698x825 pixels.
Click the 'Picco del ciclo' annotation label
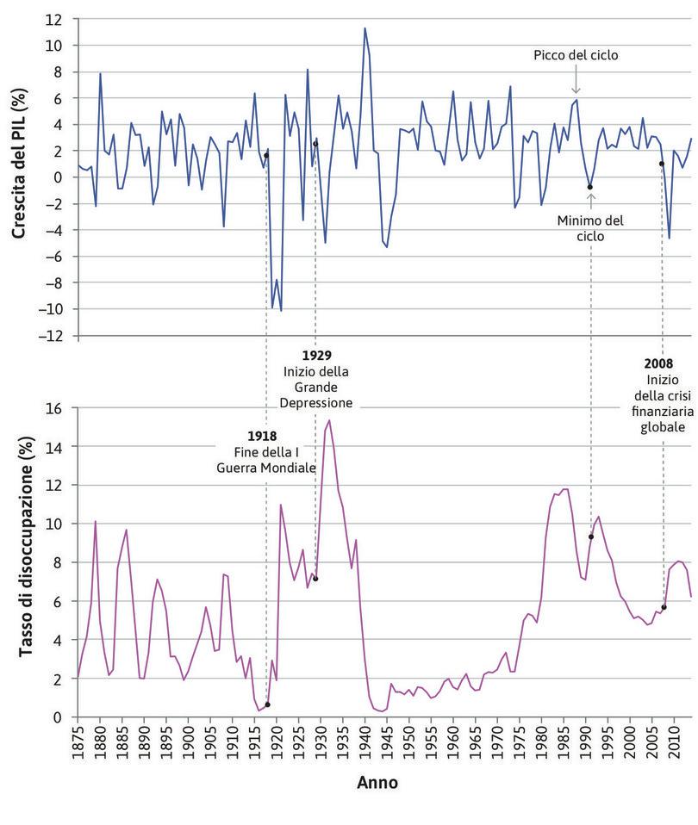coord(576,55)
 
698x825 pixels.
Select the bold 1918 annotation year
coord(267,436)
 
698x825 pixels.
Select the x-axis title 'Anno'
coord(377,783)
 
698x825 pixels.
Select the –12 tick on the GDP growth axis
coord(54,336)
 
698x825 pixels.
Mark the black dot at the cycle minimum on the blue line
coord(590,187)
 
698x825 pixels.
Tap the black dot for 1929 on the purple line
coord(315,579)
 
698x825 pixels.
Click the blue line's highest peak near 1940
coord(365,28)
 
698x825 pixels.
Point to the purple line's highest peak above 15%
coord(329,420)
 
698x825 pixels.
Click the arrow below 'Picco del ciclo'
coord(576,83)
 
